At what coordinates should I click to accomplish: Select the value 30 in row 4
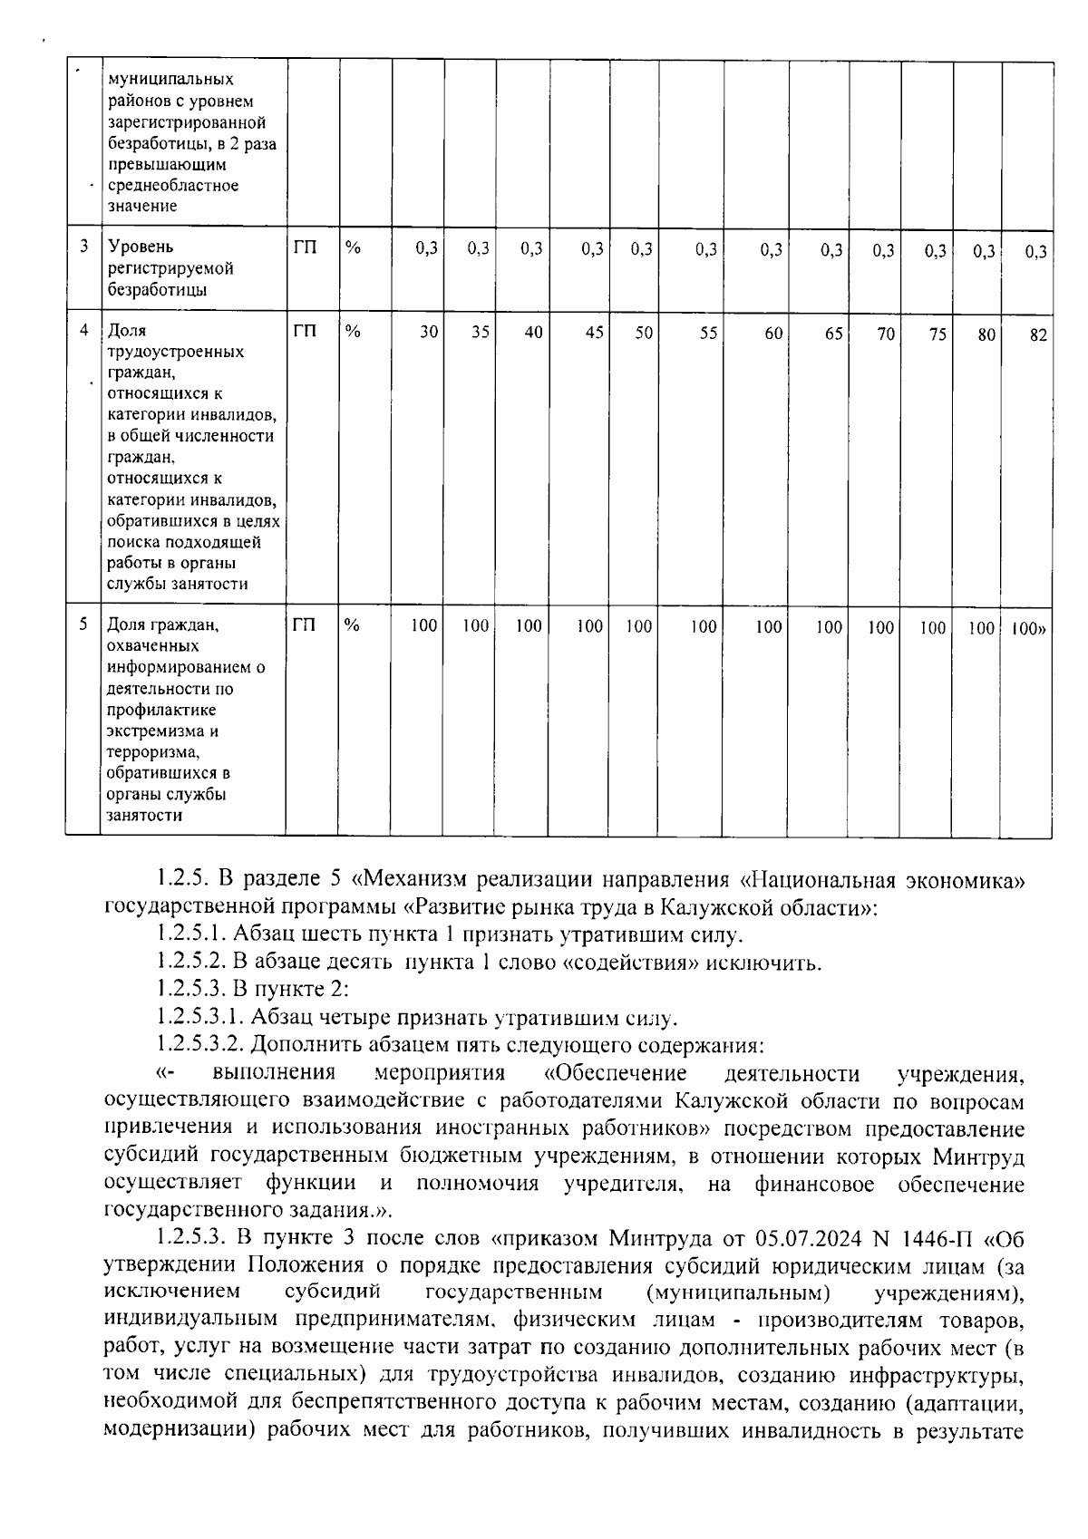(428, 333)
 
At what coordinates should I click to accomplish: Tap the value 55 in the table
(708, 334)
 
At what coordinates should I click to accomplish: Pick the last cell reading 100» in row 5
(1028, 627)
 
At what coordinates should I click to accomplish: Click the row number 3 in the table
(84, 247)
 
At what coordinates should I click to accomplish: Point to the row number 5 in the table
(84, 624)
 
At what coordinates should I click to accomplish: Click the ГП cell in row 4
(306, 332)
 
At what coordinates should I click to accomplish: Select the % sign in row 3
(353, 247)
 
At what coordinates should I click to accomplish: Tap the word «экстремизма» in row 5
(162, 731)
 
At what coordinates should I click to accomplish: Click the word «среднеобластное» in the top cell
(172, 185)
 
